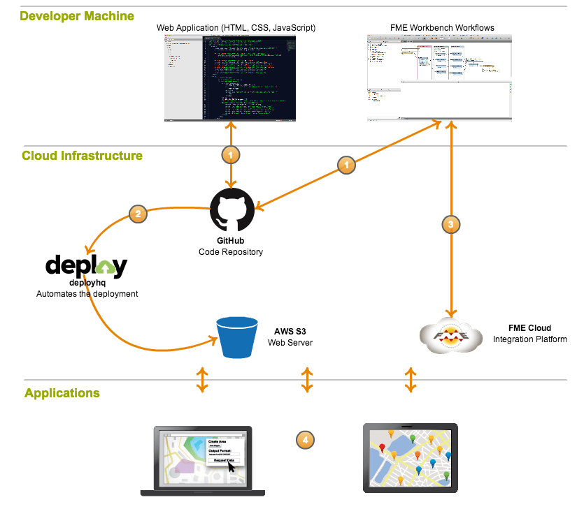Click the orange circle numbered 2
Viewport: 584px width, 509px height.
coord(138,214)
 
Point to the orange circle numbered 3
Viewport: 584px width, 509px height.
coord(451,224)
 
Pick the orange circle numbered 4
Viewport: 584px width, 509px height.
coord(304,440)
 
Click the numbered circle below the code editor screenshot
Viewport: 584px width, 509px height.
coord(230,154)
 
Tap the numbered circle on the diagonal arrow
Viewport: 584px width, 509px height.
coord(346,165)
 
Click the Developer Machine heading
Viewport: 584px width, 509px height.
coord(77,15)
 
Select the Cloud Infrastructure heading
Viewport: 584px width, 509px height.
coord(82,156)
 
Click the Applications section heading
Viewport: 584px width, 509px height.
coord(62,393)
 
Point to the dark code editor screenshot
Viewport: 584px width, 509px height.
coord(231,77)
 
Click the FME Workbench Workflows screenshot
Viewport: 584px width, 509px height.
coord(439,77)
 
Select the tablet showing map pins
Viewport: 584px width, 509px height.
coord(411,457)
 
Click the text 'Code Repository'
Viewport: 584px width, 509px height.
coord(231,252)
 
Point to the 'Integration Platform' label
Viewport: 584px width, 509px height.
coord(529,339)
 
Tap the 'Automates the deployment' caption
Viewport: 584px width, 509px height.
coord(87,294)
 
